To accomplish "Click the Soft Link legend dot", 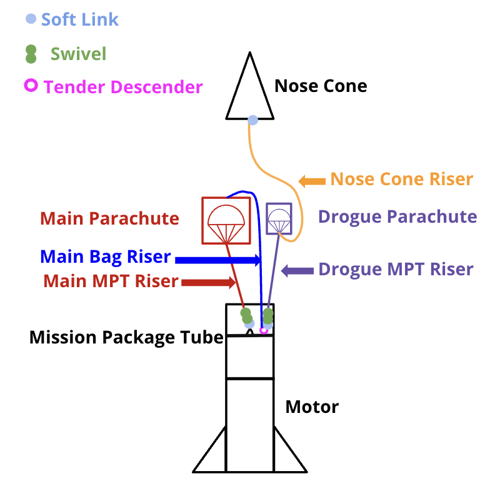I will [x=30, y=19].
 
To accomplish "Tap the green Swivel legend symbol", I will [x=30, y=54].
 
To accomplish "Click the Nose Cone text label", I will [x=321, y=86].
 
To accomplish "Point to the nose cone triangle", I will [x=249, y=94].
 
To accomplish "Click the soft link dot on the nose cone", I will [x=252, y=119].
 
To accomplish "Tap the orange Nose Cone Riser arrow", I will [x=312, y=181].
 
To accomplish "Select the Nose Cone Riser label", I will [x=401, y=180].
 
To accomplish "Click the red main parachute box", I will [x=226, y=220].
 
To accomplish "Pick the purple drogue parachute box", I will [x=279, y=218].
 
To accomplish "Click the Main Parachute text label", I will [x=109, y=219].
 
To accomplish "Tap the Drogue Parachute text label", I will [x=397, y=217].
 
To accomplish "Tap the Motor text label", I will [x=312, y=407].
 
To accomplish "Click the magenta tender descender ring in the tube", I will [x=264, y=330].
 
